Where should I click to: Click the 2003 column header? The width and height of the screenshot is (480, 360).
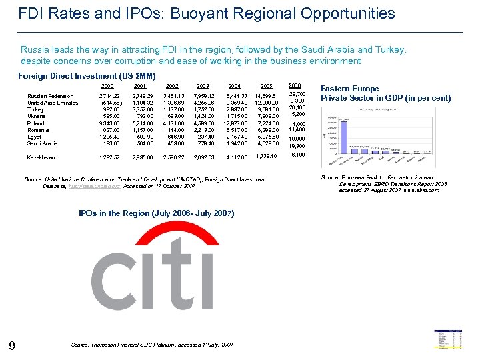click(203, 86)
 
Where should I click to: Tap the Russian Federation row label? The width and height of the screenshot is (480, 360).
click(51, 97)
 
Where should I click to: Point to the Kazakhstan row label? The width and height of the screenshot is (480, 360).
click(41, 157)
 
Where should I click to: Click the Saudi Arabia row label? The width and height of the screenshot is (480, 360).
click(42, 143)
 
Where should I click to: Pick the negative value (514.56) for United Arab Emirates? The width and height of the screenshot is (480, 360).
click(111, 103)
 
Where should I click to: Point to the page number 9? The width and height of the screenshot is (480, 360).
click(12, 345)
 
